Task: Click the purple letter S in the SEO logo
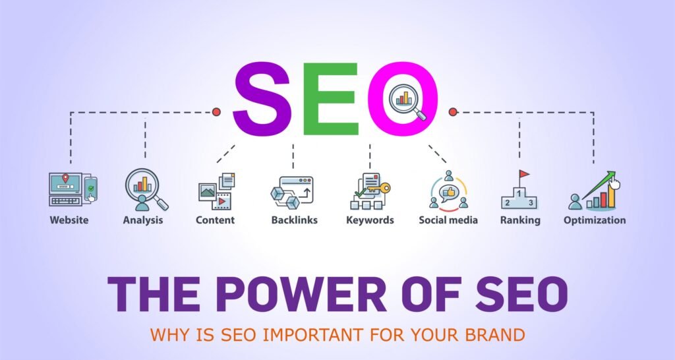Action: pos(262,99)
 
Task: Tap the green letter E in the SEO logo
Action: pos(331,99)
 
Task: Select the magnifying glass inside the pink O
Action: pos(407,102)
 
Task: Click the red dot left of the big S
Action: pos(216,112)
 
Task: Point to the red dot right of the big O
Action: pos(452,112)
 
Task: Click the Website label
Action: pos(69,220)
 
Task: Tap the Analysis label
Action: pos(143,220)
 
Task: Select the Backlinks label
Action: pos(295,220)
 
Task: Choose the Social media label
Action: pos(448,220)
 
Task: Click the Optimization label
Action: pos(595,220)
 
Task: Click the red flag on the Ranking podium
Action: pos(524,174)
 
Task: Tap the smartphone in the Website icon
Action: pos(90,189)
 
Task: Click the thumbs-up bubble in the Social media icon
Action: pos(448,192)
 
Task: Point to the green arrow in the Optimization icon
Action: pos(599,185)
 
